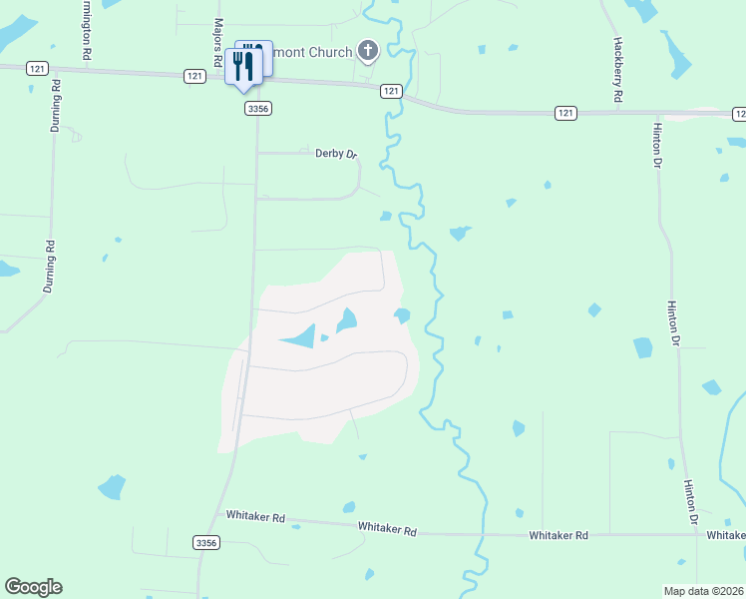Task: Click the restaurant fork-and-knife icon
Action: click(x=242, y=66)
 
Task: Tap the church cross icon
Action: click(x=368, y=51)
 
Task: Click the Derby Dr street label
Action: click(x=336, y=154)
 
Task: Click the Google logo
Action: click(x=33, y=587)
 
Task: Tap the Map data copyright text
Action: click(x=704, y=591)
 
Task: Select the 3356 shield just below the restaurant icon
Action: click(x=258, y=108)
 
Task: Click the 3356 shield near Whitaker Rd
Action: click(x=205, y=542)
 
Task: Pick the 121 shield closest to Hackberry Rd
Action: click(x=565, y=114)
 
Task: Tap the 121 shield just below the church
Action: click(x=391, y=91)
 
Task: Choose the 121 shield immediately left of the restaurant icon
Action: click(x=194, y=76)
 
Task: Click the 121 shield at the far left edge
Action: click(x=37, y=68)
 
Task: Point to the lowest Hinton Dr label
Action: click(x=690, y=502)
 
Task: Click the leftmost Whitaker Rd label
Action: click(x=256, y=517)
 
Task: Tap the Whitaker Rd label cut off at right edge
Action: click(x=726, y=536)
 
